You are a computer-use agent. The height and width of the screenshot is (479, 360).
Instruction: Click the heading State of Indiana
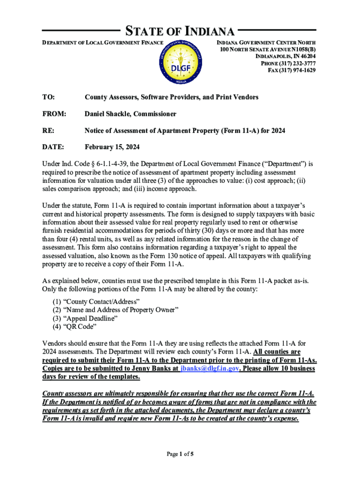click(179, 32)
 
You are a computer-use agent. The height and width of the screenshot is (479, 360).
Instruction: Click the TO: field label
click(48, 97)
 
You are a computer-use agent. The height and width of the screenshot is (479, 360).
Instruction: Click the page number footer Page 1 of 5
click(180, 454)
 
